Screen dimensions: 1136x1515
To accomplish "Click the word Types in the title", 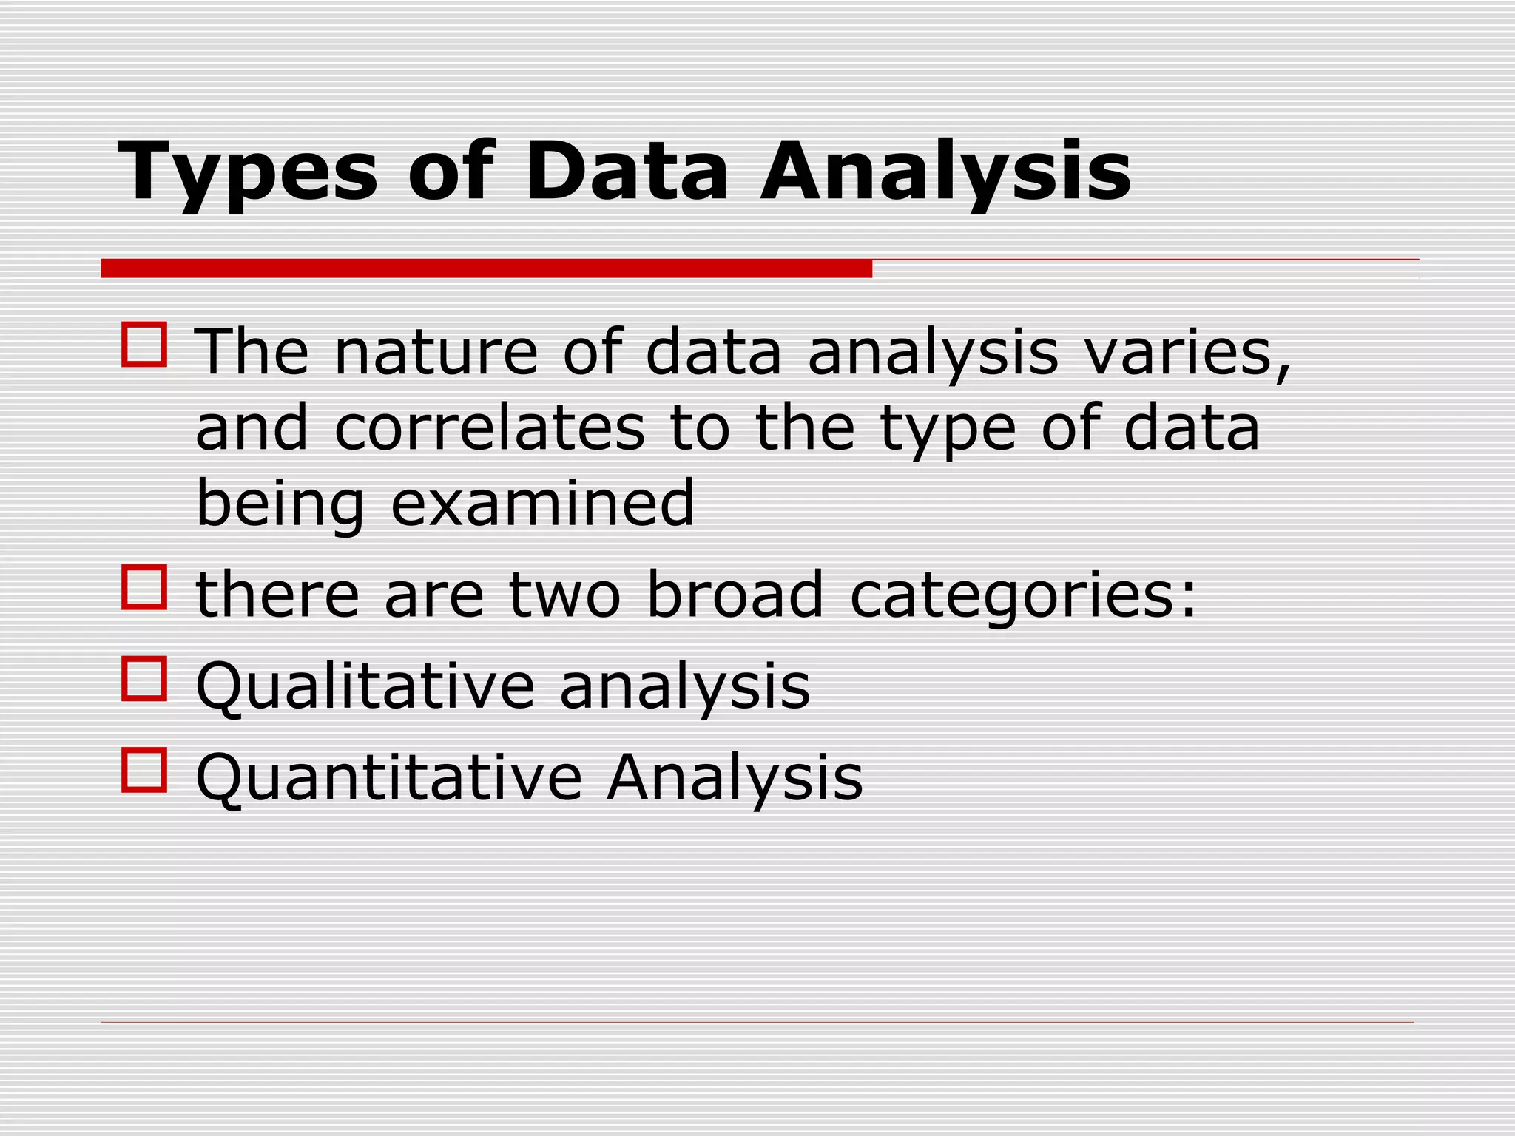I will click(247, 172).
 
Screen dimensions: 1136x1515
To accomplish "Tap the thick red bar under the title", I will click(486, 268).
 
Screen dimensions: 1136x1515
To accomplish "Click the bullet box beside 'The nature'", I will click(144, 344).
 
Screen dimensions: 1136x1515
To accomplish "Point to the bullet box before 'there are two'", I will click(144, 587).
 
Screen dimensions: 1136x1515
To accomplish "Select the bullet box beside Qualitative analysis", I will click(144, 678).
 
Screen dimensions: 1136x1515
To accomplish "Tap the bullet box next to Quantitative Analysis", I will click(144, 770).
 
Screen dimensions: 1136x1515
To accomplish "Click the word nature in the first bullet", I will click(436, 353).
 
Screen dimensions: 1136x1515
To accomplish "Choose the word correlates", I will click(489, 429).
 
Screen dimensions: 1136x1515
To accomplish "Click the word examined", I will click(542, 504).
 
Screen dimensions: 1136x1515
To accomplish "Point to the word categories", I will click(1022, 596).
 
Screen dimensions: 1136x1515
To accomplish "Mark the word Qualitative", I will click(365, 686).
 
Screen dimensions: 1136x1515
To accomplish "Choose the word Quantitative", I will click(389, 778).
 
